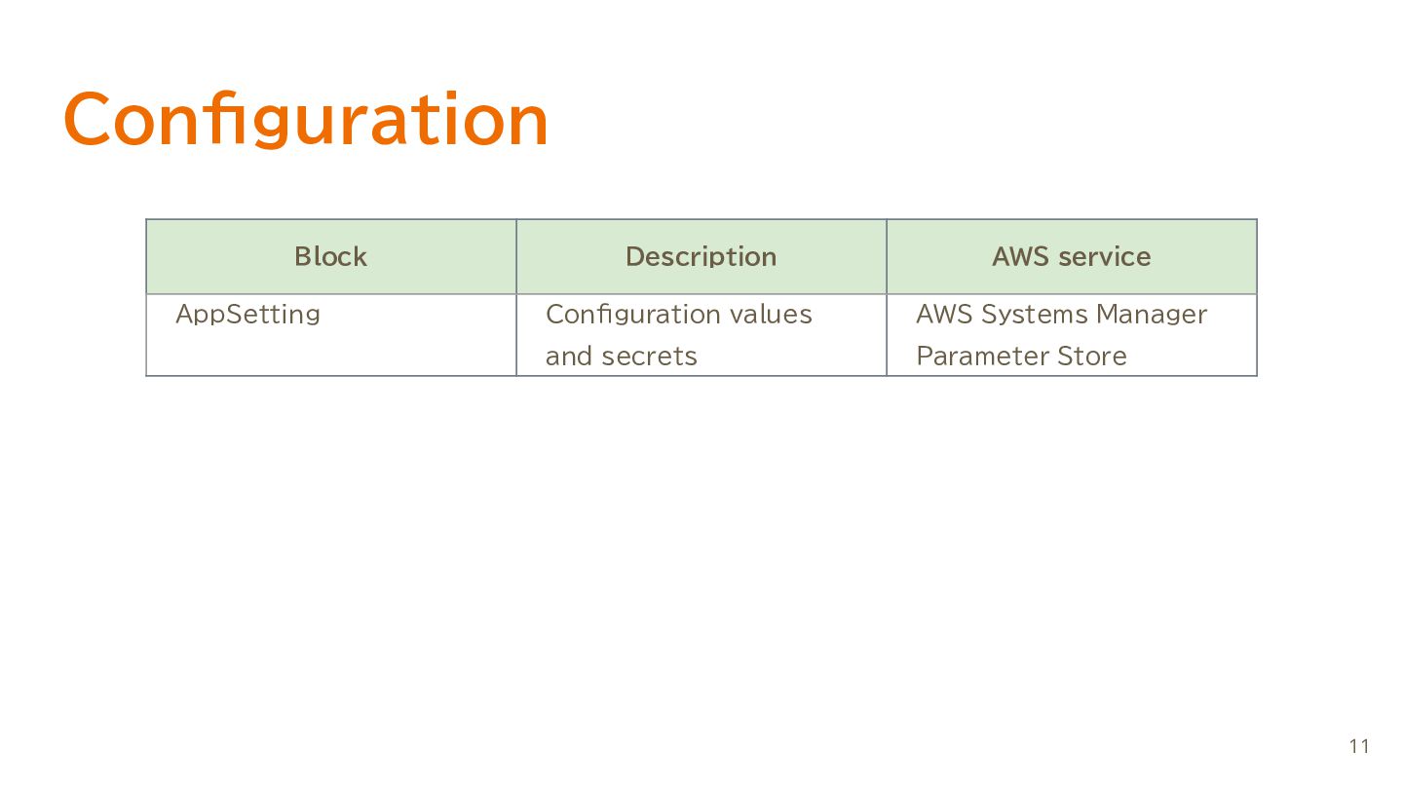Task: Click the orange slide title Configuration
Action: [x=306, y=119]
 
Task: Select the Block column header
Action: [x=330, y=257]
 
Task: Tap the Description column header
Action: [x=701, y=257]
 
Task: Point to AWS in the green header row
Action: [x=1020, y=257]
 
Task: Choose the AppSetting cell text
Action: [x=248, y=315]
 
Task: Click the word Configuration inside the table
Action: [x=631, y=315]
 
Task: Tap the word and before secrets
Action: [x=568, y=356]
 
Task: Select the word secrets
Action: [x=649, y=357]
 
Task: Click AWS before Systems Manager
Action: [x=944, y=315]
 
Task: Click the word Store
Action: [x=1092, y=357]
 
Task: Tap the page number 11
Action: [x=1359, y=746]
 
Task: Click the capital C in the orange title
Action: [x=87, y=119]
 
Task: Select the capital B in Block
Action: [x=304, y=257]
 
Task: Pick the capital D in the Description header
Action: [x=635, y=257]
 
